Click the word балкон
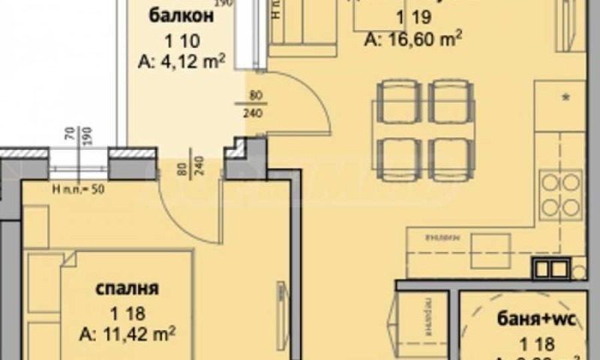point(176,16)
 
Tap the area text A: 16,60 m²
point(412,37)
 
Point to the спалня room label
point(128,289)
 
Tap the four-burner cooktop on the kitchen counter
point(561,194)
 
